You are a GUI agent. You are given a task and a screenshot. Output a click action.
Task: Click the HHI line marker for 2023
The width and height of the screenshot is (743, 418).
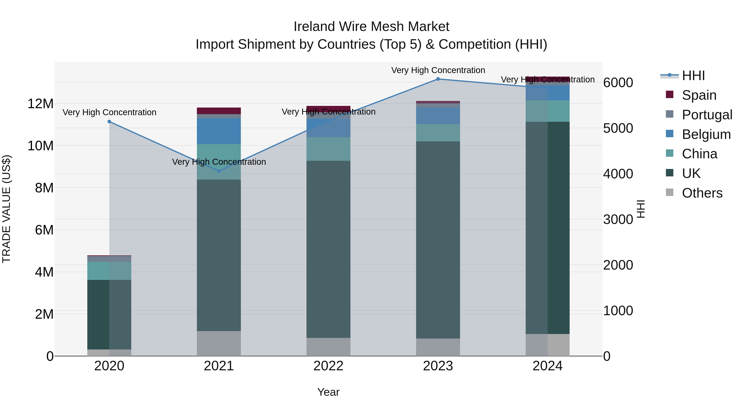tap(438, 79)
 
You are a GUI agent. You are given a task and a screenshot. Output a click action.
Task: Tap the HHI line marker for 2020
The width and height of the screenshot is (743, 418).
tap(109, 122)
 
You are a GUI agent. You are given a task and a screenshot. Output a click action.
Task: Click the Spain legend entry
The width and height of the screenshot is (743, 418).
tap(699, 95)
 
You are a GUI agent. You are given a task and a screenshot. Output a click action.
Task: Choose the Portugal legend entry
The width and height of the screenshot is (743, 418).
tap(707, 115)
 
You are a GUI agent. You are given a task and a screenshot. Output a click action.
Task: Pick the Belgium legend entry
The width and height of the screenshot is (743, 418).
tap(706, 134)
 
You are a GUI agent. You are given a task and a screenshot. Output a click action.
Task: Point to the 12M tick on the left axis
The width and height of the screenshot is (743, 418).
tap(40, 104)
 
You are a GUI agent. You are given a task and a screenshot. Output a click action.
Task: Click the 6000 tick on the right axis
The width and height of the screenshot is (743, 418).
tap(618, 83)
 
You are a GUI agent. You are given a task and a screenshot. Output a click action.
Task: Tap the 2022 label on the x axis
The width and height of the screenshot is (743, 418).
tap(328, 366)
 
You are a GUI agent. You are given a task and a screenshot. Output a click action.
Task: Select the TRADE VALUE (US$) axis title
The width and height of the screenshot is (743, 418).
tap(6, 209)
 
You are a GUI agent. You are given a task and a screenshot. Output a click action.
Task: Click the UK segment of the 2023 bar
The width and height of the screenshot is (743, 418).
tap(438, 239)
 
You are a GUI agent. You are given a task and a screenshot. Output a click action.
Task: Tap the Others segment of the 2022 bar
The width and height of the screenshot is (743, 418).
tap(328, 347)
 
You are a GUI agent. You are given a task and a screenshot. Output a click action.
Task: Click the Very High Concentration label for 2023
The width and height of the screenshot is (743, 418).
tap(438, 70)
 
